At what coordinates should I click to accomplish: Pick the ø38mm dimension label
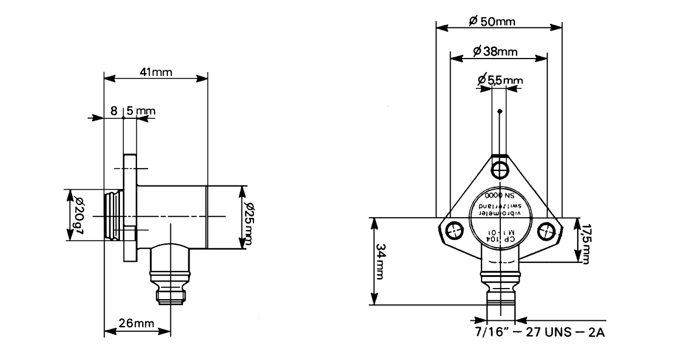[496, 52]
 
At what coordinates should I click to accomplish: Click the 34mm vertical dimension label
[381, 261]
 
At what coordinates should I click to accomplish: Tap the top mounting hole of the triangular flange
[499, 170]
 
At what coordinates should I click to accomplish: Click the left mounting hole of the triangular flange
[453, 231]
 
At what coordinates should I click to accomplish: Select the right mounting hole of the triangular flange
[545, 231]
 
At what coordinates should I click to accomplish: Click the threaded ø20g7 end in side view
[112, 215]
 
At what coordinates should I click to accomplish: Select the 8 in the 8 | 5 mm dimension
[114, 110]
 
